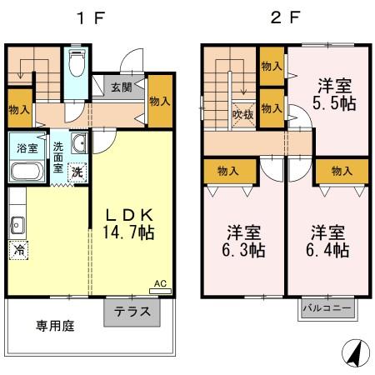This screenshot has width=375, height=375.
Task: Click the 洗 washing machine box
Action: pyautogui.click(x=76, y=173)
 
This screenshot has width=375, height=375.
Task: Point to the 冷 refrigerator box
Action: pyautogui.click(x=18, y=249)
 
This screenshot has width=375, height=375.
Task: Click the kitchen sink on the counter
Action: pyautogui.click(x=17, y=223)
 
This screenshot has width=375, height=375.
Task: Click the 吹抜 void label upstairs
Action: pyautogui.click(x=242, y=113)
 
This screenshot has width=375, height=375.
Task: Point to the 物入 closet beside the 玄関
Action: pyautogui.click(x=160, y=100)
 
